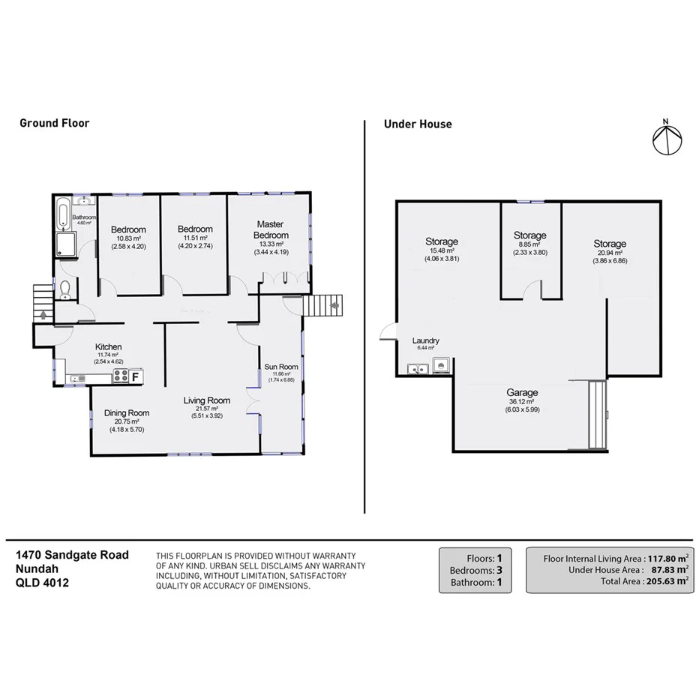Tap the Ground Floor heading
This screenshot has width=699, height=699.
pos(54,123)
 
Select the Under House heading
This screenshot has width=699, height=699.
pos(418,124)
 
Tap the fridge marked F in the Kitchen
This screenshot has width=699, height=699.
pos(136,376)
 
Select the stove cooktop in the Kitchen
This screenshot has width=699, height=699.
pos(120,376)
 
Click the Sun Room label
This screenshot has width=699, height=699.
pos(281,367)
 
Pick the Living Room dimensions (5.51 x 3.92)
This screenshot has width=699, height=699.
pos(207,415)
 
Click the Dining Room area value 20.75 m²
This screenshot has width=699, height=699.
pos(126,421)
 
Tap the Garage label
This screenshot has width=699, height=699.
pos(522,392)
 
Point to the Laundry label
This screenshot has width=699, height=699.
pos(426,340)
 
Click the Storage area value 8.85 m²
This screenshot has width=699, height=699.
pos(529,244)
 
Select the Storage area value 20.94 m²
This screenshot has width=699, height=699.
pos(609,253)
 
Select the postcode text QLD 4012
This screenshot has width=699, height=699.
pos(43,583)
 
